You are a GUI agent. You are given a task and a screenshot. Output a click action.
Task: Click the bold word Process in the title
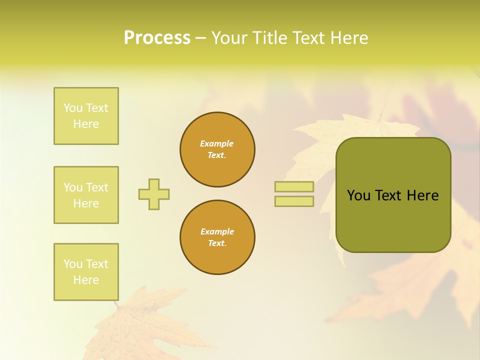pos(157,37)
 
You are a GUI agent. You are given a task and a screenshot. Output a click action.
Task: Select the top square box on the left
pos(86,116)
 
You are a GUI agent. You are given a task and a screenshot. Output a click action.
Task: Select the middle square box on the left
pos(86,195)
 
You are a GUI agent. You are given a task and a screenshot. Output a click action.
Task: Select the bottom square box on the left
pos(86,272)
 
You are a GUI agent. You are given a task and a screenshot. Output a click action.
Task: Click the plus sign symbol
pos(154,194)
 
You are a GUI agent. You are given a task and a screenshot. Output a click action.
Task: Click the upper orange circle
pos(217,149)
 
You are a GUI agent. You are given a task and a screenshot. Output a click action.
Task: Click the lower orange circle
pos(217,237)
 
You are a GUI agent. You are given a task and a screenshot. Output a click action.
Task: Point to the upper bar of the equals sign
pos(294,187)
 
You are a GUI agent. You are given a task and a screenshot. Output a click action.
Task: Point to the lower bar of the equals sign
pos(294,201)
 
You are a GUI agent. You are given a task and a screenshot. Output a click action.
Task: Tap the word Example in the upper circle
pos(217,143)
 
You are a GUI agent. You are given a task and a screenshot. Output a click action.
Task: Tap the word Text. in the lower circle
pos(217,243)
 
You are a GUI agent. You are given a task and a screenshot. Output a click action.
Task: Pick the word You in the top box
pos(73,108)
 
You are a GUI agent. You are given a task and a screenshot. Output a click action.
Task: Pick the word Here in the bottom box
pos(86,280)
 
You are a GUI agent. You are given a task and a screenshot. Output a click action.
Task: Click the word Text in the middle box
pos(97,187)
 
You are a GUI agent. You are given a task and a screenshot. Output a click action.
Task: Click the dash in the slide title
pos(200,37)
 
